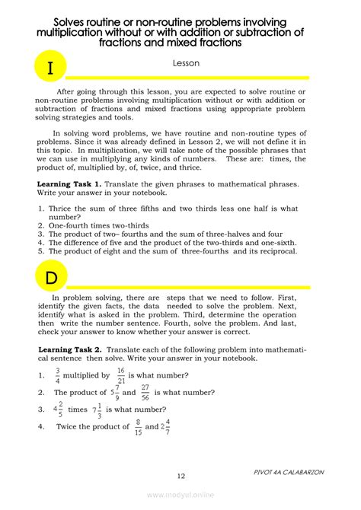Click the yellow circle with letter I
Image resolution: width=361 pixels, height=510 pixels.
50,68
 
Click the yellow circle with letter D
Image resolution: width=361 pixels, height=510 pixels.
50,276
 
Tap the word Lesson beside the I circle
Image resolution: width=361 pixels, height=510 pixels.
185,65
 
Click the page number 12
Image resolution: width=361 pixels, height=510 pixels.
180,476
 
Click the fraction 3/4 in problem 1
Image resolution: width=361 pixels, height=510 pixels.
57,375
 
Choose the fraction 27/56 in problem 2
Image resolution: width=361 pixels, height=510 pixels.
145,392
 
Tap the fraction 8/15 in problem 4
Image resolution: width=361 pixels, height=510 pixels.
138,426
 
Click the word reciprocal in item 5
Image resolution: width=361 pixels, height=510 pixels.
275,250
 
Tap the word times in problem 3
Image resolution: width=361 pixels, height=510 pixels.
78,410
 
